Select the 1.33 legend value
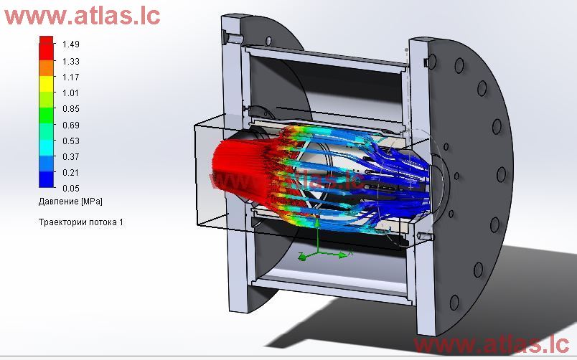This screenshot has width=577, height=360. (70, 61)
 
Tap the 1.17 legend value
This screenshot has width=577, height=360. (70, 77)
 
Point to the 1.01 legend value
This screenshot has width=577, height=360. (70, 93)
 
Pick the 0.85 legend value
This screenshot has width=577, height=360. (70, 109)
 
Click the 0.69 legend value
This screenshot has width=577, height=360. (70, 125)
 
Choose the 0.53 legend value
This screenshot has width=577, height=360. (70, 141)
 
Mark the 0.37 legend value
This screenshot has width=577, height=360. (70, 156)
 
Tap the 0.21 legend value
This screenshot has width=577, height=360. (70, 172)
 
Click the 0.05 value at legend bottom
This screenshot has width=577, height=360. (70, 188)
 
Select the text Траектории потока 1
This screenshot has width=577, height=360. (80, 222)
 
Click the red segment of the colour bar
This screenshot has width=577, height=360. (47, 47)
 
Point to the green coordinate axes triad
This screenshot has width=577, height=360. (320, 252)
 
